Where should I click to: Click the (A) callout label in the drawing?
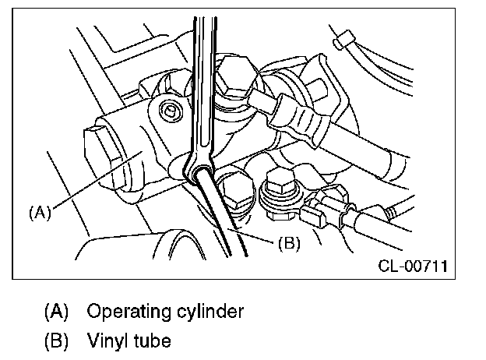pos(40,211)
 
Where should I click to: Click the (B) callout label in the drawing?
pos(289,242)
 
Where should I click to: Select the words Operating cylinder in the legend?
pos(165,312)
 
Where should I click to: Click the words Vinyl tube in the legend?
pos(129,341)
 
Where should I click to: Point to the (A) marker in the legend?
pos(57,312)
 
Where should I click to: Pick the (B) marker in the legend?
pos(57,341)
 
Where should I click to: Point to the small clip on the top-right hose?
pos(340,40)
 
